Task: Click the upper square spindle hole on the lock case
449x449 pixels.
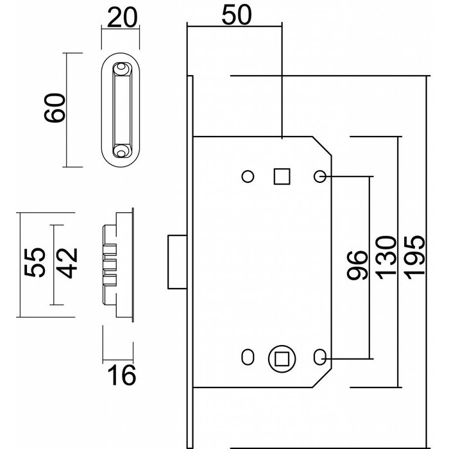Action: point(282,176)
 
